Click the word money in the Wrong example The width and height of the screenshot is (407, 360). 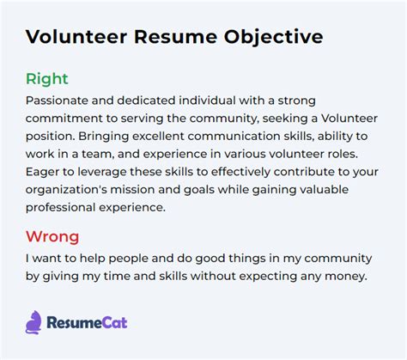tap(343, 276)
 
